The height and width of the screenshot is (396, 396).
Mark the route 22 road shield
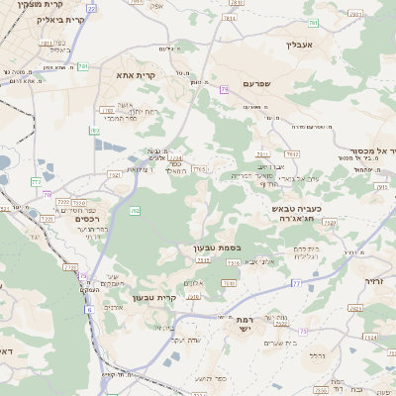click(x=91, y=8)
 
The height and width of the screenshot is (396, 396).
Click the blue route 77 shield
click(x=296, y=283)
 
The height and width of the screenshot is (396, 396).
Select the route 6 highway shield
click(x=88, y=310)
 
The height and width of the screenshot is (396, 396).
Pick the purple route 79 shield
click(x=225, y=90)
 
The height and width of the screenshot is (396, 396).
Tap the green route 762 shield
click(x=136, y=211)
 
